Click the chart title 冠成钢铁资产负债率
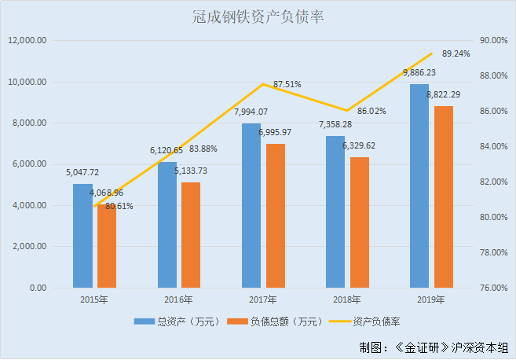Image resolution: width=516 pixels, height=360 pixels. click(x=258, y=17)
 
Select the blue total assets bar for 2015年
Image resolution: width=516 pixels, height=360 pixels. click(x=82, y=236)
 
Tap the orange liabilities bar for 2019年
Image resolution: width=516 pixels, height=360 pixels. click(x=444, y=197)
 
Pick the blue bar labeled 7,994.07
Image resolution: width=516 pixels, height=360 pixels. click(x=251, y=205)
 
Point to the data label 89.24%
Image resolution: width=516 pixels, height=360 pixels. click(x=456, y=54)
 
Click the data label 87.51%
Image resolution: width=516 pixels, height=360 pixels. click(x=287, y=84)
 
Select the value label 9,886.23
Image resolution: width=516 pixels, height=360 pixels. click(x=419, y=72)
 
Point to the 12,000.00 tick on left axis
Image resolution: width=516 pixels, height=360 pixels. click(x=28, y=41)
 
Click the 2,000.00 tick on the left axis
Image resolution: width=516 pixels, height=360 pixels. click(x=31, y=247)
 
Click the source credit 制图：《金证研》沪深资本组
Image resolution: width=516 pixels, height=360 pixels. click(x=433, y=347)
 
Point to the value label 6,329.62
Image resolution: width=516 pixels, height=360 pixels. click(x=359, y=145)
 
